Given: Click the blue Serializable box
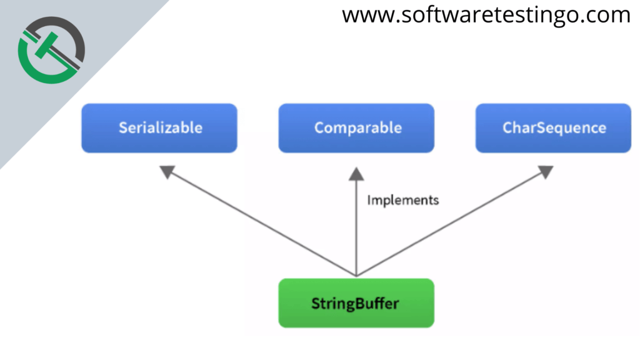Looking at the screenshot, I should point(159,128).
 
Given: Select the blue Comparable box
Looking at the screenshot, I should point(356,128).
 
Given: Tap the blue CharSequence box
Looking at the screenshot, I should point(553,128).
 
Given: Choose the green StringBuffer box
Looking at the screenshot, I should point(356,304).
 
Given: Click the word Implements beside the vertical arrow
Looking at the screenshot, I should point(402,200).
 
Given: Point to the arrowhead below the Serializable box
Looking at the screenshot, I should point(167,172).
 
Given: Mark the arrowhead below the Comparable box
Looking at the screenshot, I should point(356,173).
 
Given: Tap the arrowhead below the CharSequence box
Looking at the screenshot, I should point(545,172).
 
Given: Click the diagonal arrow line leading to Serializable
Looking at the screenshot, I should point(262,224).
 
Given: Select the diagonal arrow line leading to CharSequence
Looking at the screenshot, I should point(450,224).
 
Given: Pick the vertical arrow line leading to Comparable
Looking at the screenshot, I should point(356,231).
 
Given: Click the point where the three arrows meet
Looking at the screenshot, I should point(356,275).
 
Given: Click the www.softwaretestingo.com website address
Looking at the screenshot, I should point(486,15).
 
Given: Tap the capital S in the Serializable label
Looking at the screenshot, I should point(123,128).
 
